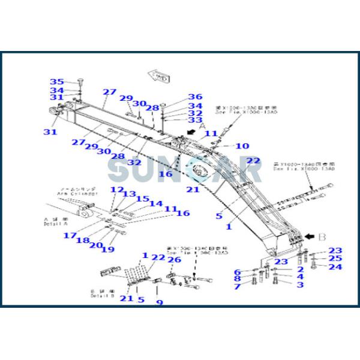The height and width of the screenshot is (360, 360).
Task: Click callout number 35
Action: (56, 82)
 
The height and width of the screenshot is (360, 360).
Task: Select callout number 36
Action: (194, 97)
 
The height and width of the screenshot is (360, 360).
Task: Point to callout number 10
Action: (242, 146)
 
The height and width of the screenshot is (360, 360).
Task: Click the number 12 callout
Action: (116, 190)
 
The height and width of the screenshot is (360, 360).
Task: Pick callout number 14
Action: (155, 204)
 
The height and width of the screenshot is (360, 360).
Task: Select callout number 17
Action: (70, 235)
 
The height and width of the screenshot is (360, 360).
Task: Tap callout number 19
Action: (108, 250)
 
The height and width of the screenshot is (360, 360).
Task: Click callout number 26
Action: (174, 260)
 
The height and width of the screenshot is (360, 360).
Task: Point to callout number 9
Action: (160, 302)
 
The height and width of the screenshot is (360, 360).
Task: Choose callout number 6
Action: (237, 272)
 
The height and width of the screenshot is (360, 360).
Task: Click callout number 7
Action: (237, 287)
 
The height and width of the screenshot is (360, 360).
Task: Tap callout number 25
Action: (335, 259)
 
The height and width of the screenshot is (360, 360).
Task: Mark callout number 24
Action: (335, 267)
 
